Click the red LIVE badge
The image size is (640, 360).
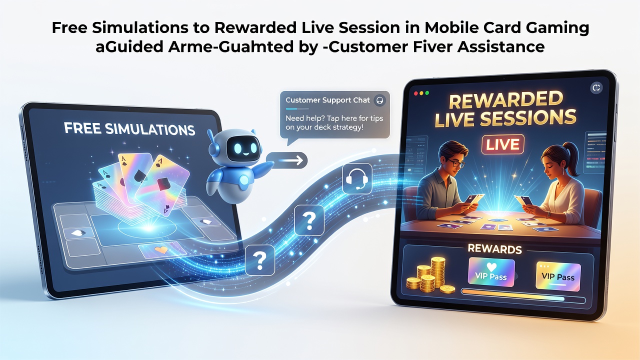502,144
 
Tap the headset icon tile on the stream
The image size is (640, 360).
357,178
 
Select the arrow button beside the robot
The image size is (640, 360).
287,160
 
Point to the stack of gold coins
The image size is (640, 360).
430,275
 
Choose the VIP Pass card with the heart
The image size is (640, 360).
491,272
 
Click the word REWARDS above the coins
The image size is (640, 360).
494,249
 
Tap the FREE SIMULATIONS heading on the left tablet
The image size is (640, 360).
129,129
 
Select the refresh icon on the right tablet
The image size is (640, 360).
596,87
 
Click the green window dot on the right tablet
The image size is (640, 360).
427,93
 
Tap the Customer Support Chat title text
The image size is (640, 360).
327,100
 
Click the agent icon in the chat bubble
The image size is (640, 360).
379,100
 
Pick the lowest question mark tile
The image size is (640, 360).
260,260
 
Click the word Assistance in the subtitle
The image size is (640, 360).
501,46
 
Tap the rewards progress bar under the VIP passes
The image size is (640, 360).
523,296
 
